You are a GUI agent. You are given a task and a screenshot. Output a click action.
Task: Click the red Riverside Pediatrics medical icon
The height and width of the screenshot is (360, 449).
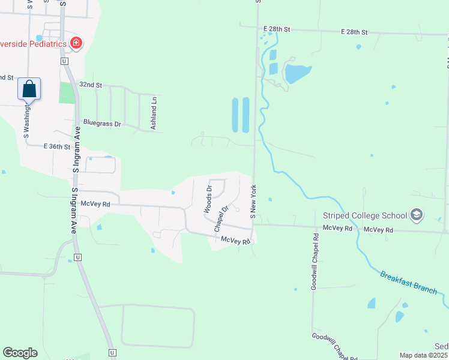76,43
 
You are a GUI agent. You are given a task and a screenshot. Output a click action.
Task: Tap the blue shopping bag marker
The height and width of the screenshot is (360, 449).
29,89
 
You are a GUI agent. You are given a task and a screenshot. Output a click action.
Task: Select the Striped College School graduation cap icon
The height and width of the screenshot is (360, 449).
416,215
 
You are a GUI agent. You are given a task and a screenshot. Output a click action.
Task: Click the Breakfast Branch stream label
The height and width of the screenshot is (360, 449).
408,282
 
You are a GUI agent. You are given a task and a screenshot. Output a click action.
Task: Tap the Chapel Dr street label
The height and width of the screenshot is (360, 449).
221,219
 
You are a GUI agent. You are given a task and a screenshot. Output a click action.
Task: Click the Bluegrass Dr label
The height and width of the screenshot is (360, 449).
102,123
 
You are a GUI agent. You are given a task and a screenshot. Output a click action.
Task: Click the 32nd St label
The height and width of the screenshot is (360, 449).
91,85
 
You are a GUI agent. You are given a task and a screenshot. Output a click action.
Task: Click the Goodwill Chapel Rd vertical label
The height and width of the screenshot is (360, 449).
314,259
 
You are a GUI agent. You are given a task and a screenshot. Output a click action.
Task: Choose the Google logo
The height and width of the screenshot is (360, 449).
20,353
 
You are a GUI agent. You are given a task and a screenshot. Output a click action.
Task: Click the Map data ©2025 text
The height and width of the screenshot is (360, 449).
423,355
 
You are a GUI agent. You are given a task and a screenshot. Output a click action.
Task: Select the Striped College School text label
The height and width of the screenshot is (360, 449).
364,215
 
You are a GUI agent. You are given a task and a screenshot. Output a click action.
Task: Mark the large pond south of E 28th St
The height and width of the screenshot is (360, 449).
297,74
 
